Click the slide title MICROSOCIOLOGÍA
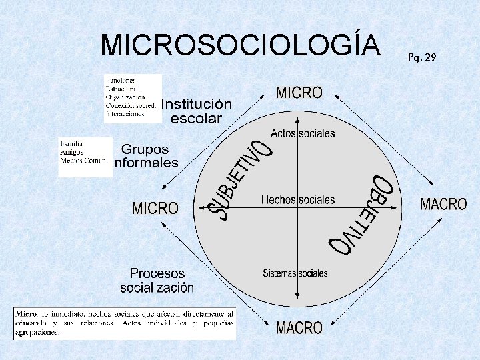[x=240, y=45]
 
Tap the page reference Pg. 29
[x=422, y=57]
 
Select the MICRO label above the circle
[x=299, y=93]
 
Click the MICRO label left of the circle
[x=155, y=209]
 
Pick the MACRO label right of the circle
[x=443, y=204]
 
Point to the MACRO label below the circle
[x=299, y=328]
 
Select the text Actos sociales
[x=303, y=133]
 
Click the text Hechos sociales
[x=298, y=199]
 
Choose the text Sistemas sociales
[x=295, y=273]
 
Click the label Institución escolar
[x=196, y=111]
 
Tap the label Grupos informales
[x=146, y=156]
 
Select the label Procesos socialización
[x=157, y=281]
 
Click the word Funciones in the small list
[x=120, y=80]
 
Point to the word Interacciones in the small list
[x=125, y=113]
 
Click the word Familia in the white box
[x=71, y=143]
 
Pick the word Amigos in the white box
[x=71, y=152]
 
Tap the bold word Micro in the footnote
[x=27, y=313]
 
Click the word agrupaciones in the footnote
[x=37, y=332]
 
